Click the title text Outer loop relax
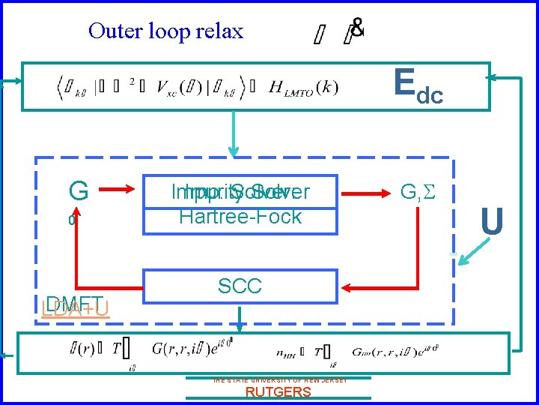tap(165, 31)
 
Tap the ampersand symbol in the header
tap(359, 28)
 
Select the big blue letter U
tap(491, 222)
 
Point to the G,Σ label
tap(417, 192)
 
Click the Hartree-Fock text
tap(240, 217)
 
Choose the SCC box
tap(240, 286)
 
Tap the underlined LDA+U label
tap(76, 307)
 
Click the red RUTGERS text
tap(278, 392)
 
